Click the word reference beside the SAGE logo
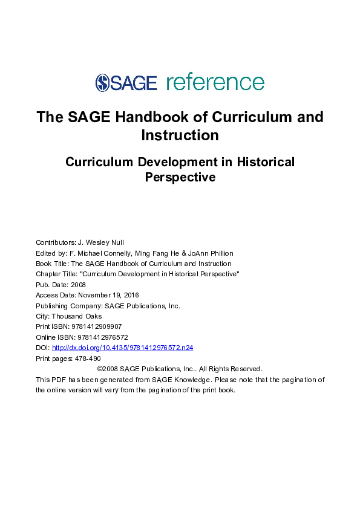pyautogui.click(x=215, y=83)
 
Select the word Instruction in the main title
pyautogui.click(x=180, y=135)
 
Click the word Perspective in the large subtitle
pyautogui.click(x=180, y=178)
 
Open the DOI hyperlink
pyautogui.click(x=122, y=348)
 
